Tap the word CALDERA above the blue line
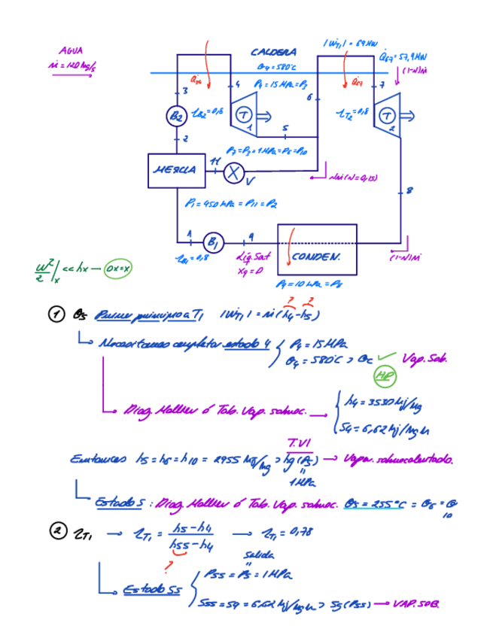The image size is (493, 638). click(273, 53)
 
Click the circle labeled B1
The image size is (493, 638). click(214, 242)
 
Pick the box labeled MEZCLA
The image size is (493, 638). click(175, 170)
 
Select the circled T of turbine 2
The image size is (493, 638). click(388, 115)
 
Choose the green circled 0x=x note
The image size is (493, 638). click(118, 269)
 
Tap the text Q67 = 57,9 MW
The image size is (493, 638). click(403, 56)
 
